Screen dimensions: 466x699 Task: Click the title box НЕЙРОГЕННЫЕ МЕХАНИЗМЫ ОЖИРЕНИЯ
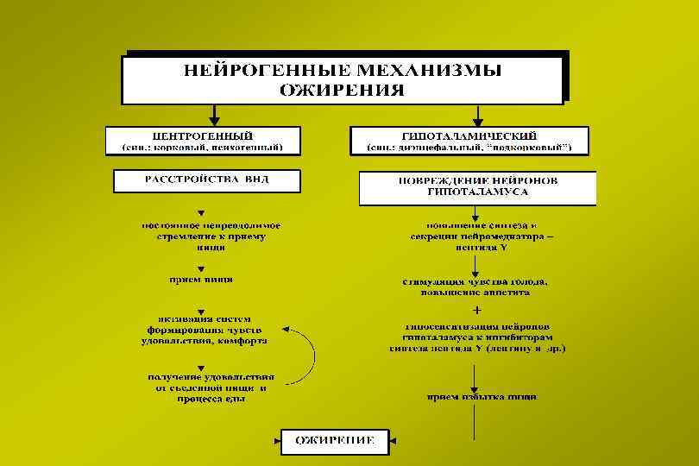343,78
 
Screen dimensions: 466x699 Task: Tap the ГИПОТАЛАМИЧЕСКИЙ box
469,142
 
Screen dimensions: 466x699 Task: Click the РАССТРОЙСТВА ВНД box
207,180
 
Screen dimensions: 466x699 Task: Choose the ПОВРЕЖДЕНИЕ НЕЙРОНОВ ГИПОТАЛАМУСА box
477,187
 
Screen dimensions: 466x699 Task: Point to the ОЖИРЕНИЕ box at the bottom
335,441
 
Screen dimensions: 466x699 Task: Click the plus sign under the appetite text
477,308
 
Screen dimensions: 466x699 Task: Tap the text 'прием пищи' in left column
200,280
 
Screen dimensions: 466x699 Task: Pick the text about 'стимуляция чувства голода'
476,286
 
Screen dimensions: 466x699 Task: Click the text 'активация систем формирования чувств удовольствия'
204,330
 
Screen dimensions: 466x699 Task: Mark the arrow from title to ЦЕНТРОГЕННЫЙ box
215,115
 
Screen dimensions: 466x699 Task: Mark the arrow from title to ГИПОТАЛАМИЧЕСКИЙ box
477,115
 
